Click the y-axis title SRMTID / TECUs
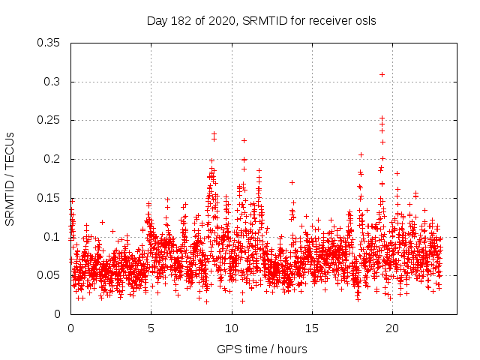(x=10, y=177)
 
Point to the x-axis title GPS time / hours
(x=262, y=349)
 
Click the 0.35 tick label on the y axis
(x=49, y=43)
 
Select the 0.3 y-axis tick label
(x=52, y=82)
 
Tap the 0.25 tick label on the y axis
(x=49, y=121)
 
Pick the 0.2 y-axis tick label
(x=52, y=160)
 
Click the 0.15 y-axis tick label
(x=49, y=198)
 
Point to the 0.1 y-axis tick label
(x=52, y=237)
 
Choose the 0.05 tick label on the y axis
(x=49, y=276)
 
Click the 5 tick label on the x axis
(x=151, y=328)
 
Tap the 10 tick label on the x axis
(x=231, y=328)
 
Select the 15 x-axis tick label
(x=311, y=328)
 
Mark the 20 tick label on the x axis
(x=391, y=328)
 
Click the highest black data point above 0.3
(x=382, y=74)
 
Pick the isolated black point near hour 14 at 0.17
(x=292, y=182)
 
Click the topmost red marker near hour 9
(x=214, y=134)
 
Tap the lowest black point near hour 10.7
(x=242, y=301)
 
